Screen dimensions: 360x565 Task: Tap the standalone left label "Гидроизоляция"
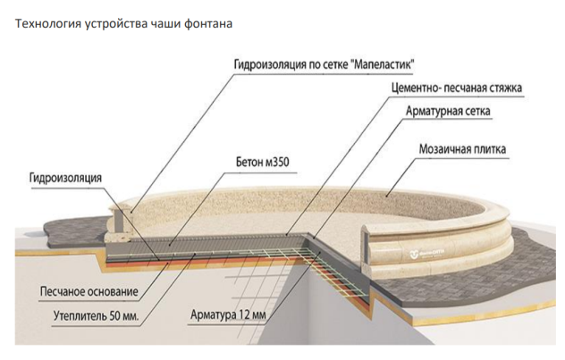pos(58,178)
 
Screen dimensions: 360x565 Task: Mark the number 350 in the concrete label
pos(282,163)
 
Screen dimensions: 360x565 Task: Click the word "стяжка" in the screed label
pos(502,88)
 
